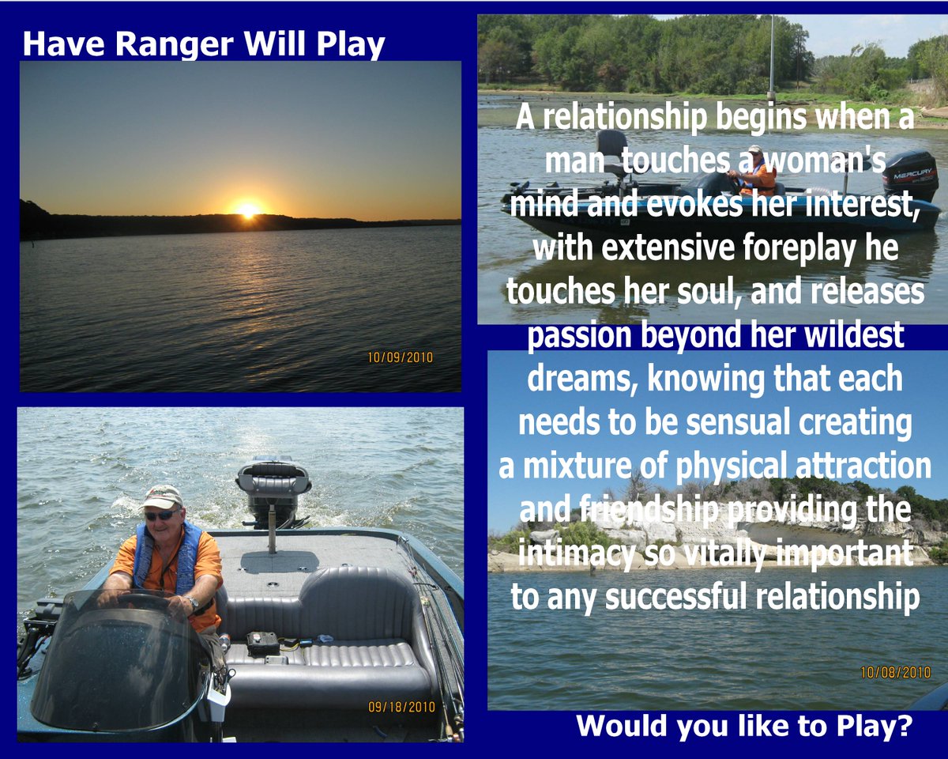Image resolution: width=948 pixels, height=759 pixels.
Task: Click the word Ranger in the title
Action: [x=175, y=45]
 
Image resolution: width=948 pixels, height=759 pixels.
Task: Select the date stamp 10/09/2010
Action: [x=400, y=357]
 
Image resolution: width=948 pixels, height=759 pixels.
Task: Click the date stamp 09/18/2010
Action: [x=401, y=707]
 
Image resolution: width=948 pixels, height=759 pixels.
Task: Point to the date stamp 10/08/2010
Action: [x=896, y=672]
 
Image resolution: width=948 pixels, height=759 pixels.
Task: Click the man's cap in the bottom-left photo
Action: [x=161, y=497]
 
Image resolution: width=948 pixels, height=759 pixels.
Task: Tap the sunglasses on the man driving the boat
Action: [x=161, y=515]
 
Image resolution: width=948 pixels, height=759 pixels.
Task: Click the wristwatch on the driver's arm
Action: [x=193, y=602]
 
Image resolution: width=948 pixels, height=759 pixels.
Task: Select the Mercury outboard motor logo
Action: [x=912, y=173]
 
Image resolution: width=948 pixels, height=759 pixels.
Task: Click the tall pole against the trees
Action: [x=771, y=56]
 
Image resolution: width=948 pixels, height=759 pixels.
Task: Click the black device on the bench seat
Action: [x=262, y=644]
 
